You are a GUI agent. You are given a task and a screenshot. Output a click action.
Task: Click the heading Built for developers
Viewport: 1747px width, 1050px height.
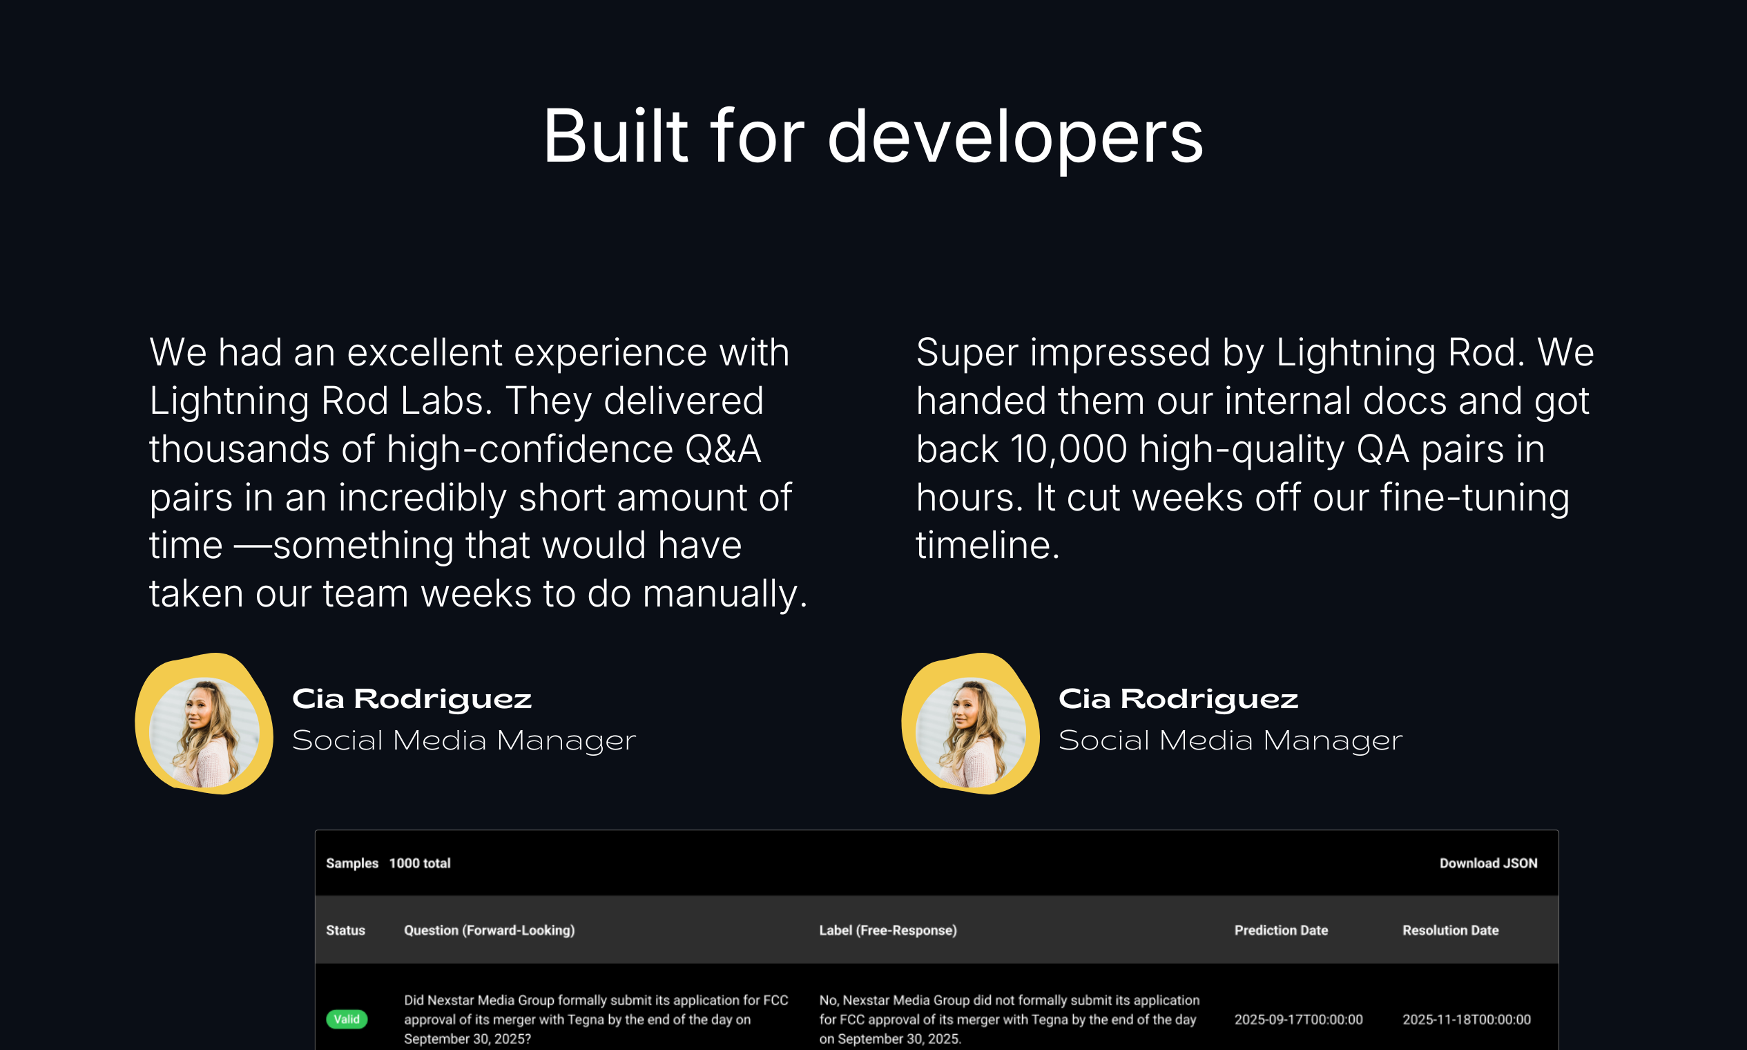pyautogui.click(x=873, y=136)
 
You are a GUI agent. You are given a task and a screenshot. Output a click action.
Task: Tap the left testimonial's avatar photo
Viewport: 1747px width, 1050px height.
pyautogui.click(x=204, y=732)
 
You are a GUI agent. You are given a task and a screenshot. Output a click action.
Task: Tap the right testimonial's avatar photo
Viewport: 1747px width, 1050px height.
pyautogui.click(x=970, y=732)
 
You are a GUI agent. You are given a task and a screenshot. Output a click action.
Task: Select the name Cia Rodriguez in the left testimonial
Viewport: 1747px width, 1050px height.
pyautogui.click(x=412, y=699)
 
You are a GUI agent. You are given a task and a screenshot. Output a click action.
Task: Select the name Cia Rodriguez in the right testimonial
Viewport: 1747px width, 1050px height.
pyautogui.click(x=1177, y=699)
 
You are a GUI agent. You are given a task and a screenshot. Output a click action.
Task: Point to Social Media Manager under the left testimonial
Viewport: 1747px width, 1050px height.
pyautogui.click(x=464, y=741)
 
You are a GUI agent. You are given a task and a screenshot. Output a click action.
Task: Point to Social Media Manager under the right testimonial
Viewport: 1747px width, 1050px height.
pyautogui.click(x=1230, y=741)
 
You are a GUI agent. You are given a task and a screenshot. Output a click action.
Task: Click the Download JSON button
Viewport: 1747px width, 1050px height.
pyautogui.click(x=1488, y=863)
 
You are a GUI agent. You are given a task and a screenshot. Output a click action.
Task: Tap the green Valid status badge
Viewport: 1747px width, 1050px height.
pyautogui.click(x=347, y=1019)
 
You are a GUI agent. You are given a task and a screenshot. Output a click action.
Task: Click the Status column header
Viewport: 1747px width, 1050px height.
pyautogui.click(x=345, y=930)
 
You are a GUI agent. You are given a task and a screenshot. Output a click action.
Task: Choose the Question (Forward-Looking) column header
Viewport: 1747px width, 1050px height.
pyautogui.click(x=489, y=930)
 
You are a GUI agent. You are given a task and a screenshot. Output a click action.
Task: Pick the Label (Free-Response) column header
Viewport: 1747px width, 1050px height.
pyautogui.click(x=887, y=930)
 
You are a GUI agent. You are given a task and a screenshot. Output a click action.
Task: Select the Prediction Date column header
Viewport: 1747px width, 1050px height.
pyautogui.click(x=1281, y=930)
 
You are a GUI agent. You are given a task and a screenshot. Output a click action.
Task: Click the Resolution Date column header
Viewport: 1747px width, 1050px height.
pyautogui.click(x=1450, y=930)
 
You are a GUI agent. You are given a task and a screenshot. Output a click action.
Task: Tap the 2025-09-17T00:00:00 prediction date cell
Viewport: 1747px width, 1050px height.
pyautogui.click(x=1298, y=1020)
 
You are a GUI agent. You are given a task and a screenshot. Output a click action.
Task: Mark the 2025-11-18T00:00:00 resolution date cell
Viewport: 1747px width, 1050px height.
pyautogui.click(x=1466, y=1020)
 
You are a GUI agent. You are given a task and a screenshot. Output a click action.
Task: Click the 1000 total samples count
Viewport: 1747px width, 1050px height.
pyautogui.click(x=419, y=863)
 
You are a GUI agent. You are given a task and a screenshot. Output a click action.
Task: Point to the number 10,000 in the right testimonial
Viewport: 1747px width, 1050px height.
pyautogui.click(x=1068, y=449)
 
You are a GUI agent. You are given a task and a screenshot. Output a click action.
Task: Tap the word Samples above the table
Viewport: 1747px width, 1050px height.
pyautogui.click(x=351, y=863)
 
